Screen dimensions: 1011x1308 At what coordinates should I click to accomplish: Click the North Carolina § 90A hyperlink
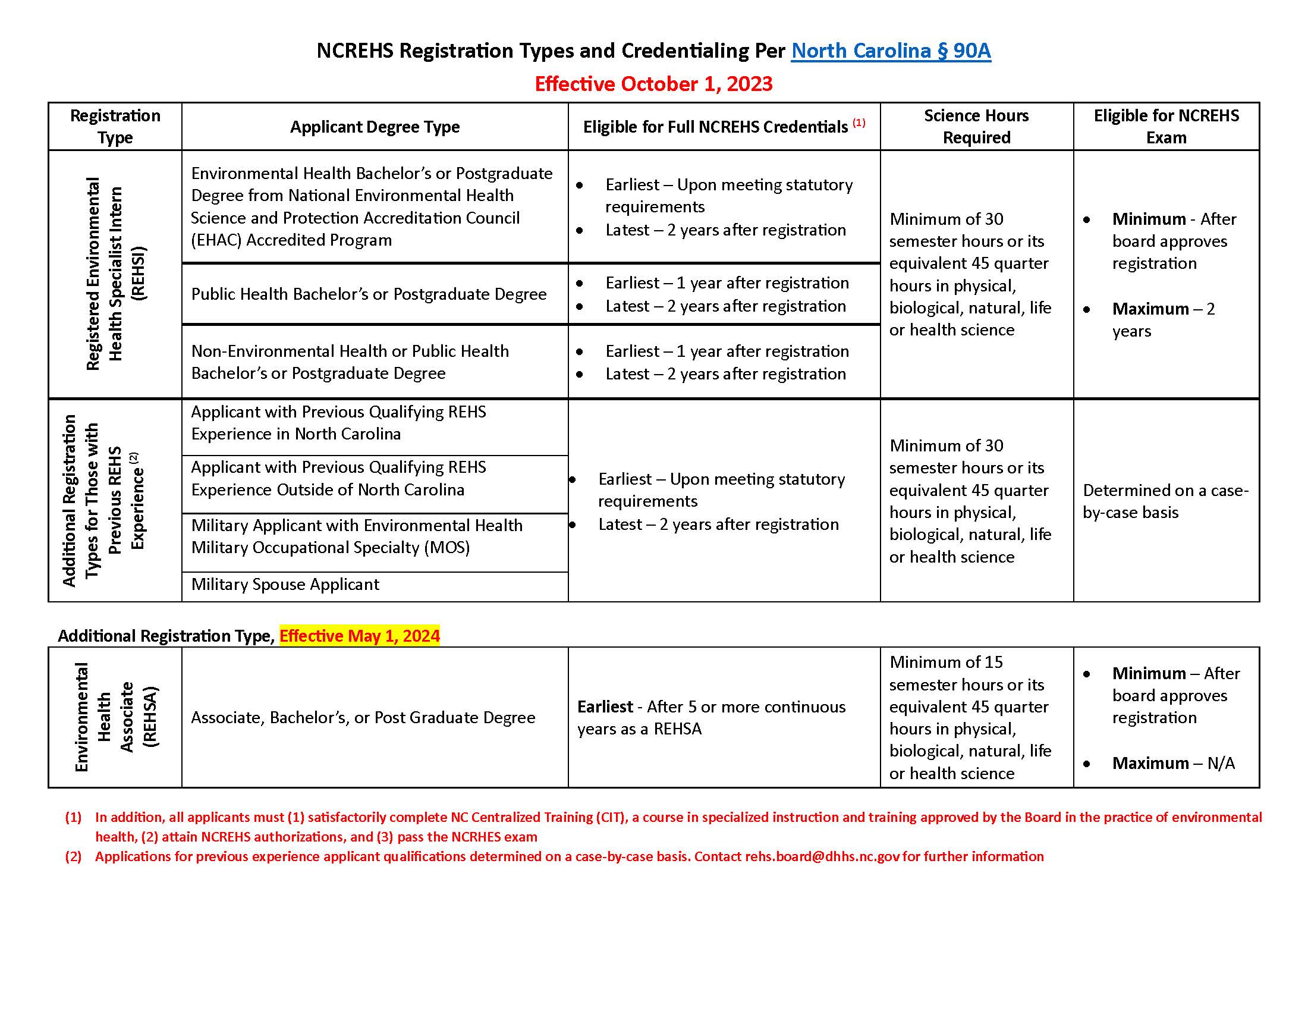891,51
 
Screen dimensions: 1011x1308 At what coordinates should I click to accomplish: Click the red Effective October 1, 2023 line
653,84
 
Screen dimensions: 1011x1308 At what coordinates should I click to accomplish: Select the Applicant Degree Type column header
375,127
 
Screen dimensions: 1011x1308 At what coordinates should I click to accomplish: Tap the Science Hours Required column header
976,126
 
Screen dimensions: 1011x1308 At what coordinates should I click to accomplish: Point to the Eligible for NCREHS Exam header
1165,126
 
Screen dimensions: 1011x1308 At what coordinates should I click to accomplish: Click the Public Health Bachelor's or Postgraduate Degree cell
369,294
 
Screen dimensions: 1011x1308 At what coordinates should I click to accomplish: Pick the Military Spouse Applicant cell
285,585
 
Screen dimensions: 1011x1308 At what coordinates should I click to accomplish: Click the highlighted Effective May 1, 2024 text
359,636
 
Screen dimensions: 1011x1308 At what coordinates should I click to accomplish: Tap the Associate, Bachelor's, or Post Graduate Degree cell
363,718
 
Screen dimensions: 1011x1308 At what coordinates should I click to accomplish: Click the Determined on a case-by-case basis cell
1165,501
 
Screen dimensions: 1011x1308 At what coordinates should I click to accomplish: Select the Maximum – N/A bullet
1172,763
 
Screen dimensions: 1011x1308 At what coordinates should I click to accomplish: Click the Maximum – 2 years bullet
1162,319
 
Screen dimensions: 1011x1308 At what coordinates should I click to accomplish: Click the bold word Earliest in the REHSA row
605,707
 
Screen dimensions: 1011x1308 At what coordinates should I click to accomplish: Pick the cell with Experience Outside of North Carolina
338,479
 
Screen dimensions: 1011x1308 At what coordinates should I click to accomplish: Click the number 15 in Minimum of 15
993,663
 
